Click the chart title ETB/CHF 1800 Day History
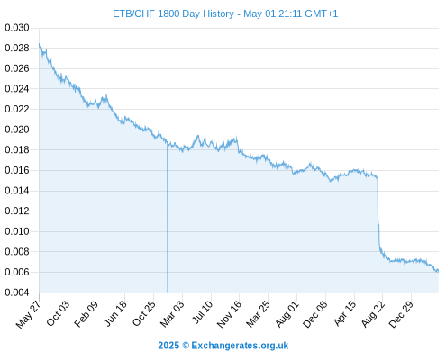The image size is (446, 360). pos(173,13)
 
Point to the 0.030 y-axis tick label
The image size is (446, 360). pos(17,28)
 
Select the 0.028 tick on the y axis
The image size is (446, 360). pos(17,48)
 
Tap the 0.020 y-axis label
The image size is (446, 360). pos(17,130)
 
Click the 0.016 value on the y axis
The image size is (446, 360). pos(17,170)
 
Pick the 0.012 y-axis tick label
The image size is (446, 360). pos(17,211)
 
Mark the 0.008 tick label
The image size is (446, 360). pos(17,251)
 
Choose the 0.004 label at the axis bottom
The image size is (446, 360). pos(17,292)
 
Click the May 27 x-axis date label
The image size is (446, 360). pos(29,314)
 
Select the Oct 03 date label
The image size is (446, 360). pos(58,313)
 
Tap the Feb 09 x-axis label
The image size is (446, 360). pos(86,313)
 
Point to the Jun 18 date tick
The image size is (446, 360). pos(115,313)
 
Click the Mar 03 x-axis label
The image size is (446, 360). pos(172,314)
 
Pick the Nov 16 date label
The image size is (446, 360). pos(229,314)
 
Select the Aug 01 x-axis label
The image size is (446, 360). pos(287,314)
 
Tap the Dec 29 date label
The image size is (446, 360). pos(401,314)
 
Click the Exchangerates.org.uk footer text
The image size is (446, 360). pos(240,346)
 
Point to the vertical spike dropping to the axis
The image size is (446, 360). pos(168,218)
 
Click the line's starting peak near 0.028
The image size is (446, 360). pos(39,44)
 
